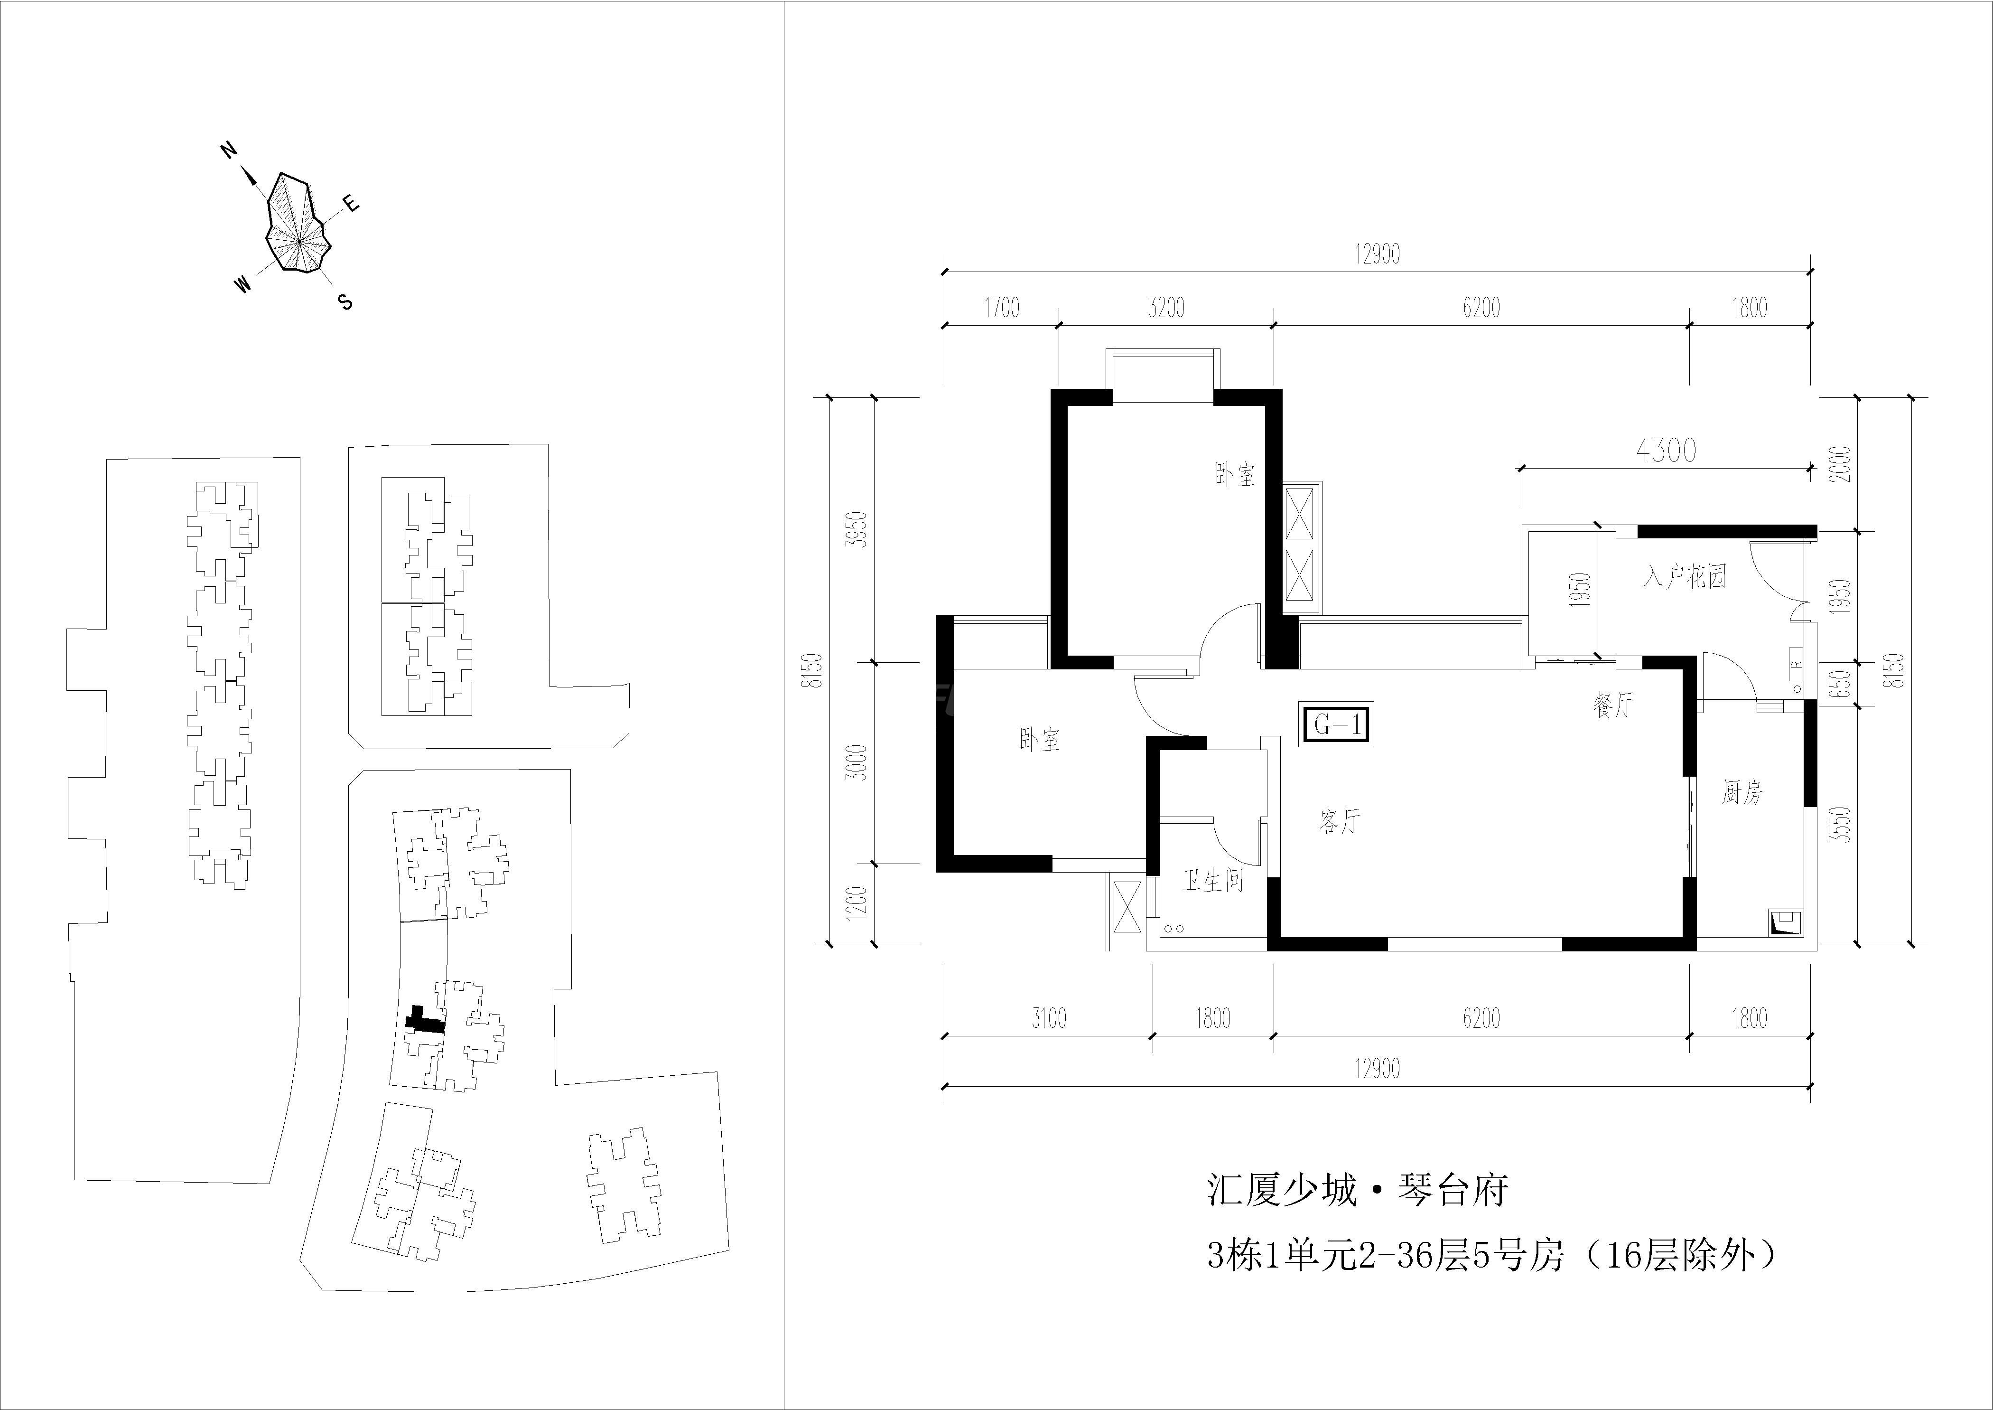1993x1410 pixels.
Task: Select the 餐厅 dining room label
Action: click(1613, 704)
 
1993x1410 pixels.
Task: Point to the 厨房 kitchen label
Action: click(1742, 792)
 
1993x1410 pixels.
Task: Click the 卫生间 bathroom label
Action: click(1212, 881)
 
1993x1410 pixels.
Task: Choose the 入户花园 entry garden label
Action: click(1684, 576)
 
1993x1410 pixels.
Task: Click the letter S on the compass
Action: click(345, 302)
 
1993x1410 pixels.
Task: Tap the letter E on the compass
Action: click(351, 204)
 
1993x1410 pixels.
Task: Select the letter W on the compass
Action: click(243, 284)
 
